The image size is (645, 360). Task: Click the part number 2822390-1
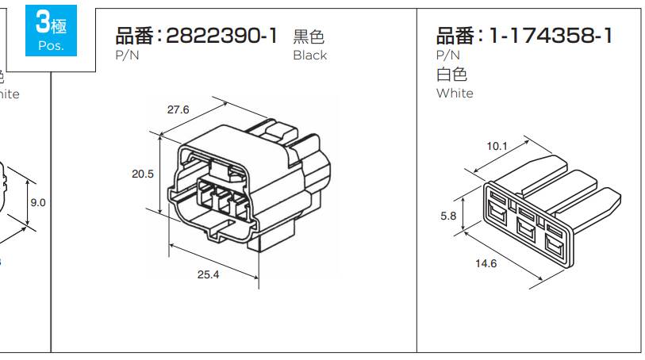[x=222, y=36]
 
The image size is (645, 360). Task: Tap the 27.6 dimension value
[x=178, y=110]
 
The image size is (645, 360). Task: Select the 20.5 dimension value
[x=143, y=174]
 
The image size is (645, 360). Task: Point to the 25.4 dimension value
[x=208, y=274]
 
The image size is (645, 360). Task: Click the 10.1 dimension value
[x=497, y=146]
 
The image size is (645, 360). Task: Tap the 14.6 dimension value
[x=486, y=263]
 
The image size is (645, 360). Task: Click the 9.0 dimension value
[x=38, y=203]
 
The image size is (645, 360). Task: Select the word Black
[x=309, y=56]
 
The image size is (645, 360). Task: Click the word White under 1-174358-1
[x=455, y=93]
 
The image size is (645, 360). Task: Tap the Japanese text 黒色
[x=309, y=36]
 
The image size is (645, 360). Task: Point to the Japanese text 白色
[x=451, y=75]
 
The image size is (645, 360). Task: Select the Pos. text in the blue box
[x=51, y=46]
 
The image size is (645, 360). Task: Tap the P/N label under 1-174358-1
[x=448, y=55]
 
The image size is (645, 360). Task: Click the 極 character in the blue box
[x=60, y=25]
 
